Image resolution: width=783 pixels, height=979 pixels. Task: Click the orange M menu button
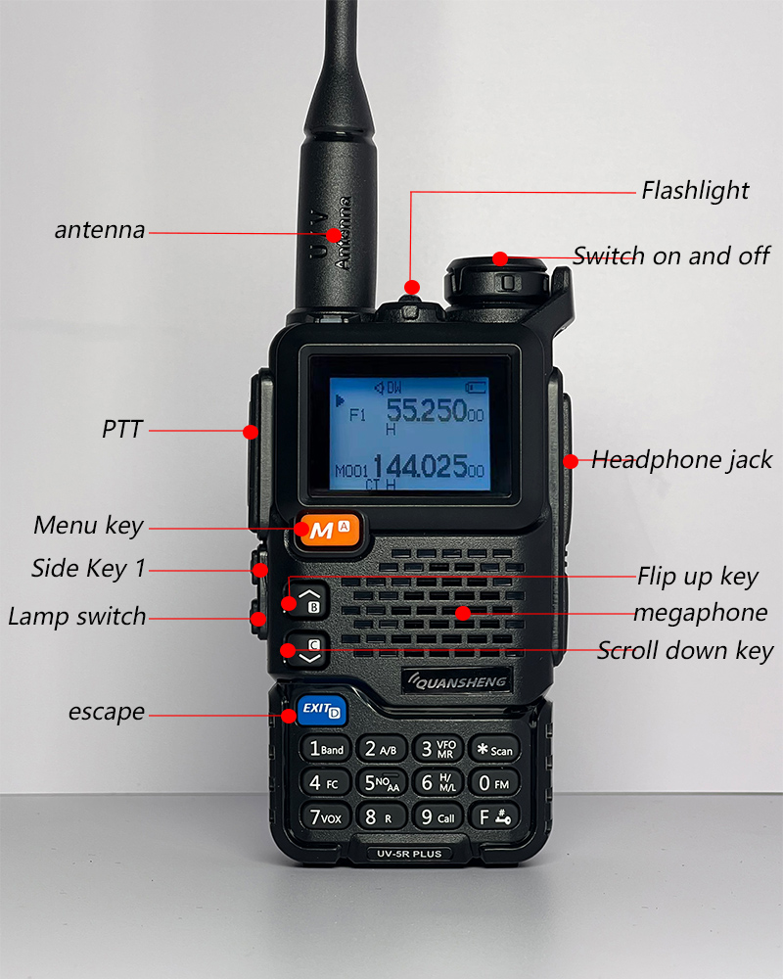point(329,530)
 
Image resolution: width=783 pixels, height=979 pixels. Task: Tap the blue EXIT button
point(322,711)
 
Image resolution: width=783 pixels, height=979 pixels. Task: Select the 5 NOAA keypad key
point(382,782)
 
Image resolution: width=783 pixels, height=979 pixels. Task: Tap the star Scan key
point(494,749)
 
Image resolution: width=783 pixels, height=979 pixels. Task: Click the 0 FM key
point(494,782)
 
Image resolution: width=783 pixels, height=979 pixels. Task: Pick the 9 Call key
point(438,816)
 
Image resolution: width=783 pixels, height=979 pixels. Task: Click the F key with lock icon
point(494,816)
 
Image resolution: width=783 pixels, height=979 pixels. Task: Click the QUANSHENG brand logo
point(458,681)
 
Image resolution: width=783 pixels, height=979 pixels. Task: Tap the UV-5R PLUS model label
point(410,854)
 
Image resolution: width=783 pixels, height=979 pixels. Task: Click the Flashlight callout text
point(695,191)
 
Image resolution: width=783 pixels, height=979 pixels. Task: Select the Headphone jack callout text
point(682,460)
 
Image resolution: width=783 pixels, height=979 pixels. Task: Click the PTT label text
point(122,430)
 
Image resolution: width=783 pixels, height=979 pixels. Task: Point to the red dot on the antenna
point(334,235)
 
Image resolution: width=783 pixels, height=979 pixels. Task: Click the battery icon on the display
point(476,388)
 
